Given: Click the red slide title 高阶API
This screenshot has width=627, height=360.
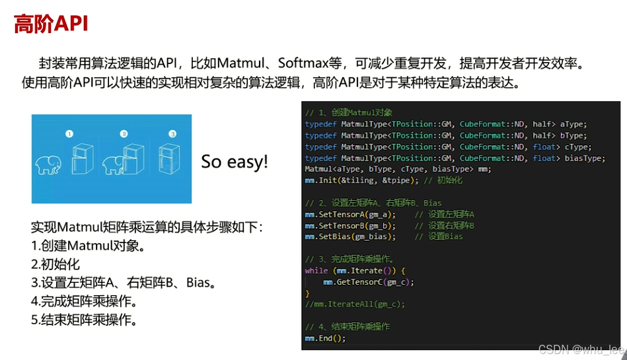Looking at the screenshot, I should coord(52,24).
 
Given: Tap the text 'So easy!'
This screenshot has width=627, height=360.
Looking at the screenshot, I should coord(235,162).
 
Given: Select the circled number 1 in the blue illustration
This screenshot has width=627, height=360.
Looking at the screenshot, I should coord(69,133).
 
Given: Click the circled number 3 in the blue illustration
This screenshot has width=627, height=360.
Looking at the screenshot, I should coord(172,133).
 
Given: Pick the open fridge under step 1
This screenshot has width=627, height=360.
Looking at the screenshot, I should coord(83,159).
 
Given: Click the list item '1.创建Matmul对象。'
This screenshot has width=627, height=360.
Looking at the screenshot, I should coord(88,246).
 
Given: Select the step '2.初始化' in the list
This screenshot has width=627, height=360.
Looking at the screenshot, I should coord(55,264).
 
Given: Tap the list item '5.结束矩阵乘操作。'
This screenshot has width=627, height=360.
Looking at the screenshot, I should coord(85,320).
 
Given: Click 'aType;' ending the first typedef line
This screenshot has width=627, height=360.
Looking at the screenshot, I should coord(573,124).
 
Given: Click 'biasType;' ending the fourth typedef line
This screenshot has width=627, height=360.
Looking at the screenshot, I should coord(581,158).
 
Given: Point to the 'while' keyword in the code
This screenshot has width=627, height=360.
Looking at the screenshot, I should coord(316,271).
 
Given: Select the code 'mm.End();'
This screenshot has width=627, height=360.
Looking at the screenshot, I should coord(325,338).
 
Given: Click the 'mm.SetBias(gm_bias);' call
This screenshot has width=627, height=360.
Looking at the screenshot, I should coord(350,236).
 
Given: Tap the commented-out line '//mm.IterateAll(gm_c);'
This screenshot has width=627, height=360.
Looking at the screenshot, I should coord(355,305).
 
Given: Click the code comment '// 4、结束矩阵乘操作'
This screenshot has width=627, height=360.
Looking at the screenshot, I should coord(348,327).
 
